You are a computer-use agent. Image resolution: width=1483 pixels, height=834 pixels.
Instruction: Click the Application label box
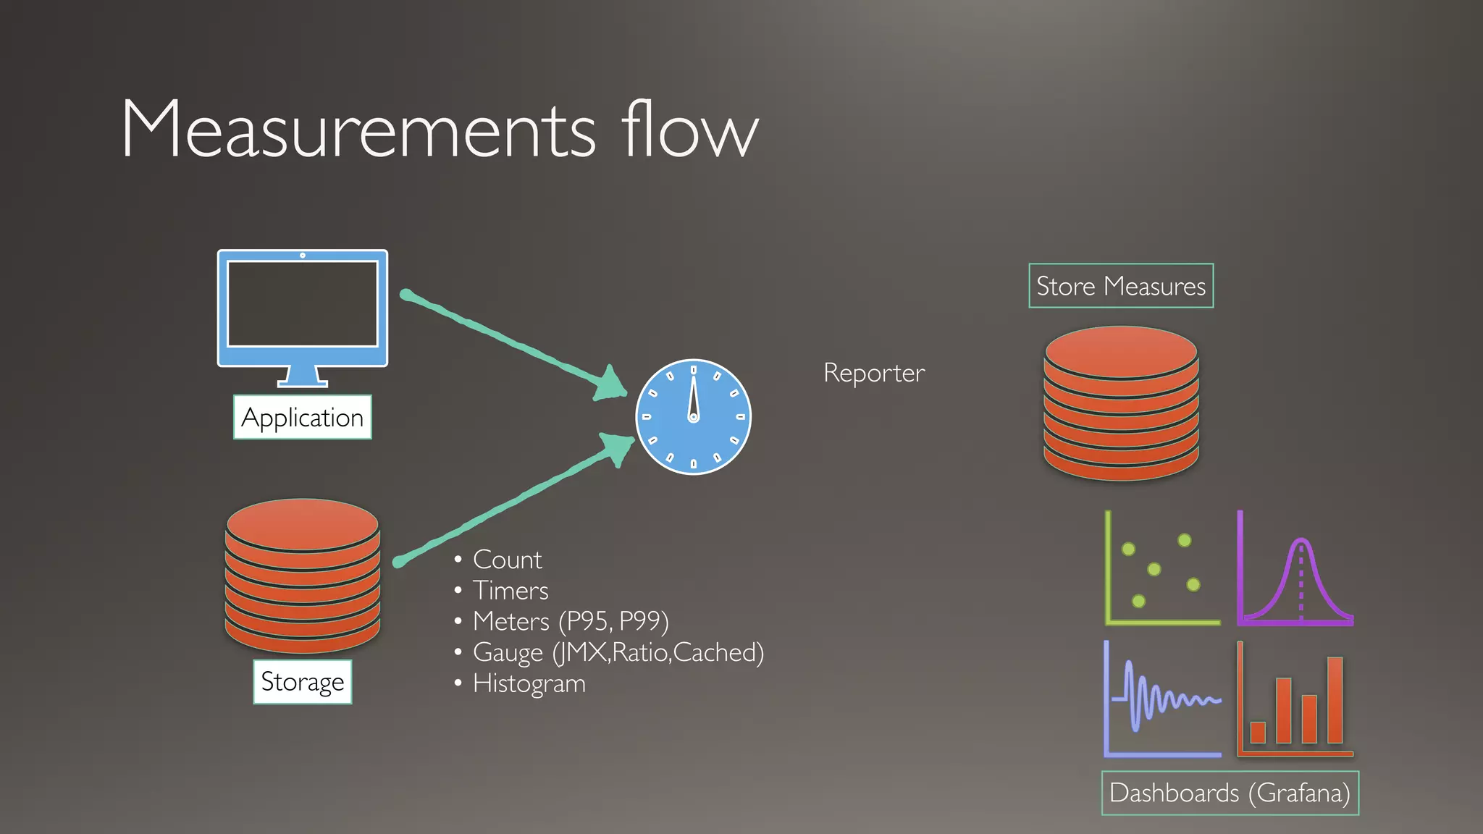click(x=302, y=417)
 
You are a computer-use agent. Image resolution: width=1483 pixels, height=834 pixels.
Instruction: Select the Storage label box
click(x=302, y=681)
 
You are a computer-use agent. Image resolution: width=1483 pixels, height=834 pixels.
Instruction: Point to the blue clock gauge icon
click(x=693, y=417)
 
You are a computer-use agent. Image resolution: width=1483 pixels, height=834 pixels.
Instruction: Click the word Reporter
click(x=874, y=373)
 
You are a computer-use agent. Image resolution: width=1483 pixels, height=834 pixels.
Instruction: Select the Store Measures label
click(x=1120, y=286)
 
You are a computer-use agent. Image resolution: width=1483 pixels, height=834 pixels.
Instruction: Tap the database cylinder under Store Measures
click(x=1120, y=403)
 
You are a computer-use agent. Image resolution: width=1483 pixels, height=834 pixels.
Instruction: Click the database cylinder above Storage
click(x=303, y=576)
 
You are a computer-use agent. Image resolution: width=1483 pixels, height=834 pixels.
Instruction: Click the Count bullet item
click(x=507, y=560)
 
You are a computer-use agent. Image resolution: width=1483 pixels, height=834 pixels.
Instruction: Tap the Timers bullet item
click(x=511, y=591)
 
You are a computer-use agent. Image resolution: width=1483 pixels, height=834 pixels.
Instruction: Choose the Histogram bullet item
click(x=529, y=683)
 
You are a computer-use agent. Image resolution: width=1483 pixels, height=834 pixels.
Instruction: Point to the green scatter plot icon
click(x=1161, y=568)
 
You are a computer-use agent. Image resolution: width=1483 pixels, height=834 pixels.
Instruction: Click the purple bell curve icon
click(x=1295, y=568)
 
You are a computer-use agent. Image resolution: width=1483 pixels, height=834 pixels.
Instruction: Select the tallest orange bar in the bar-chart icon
click(x=1335, y=699)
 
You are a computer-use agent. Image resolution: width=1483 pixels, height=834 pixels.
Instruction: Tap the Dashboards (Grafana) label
click(x=1230, y=793)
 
